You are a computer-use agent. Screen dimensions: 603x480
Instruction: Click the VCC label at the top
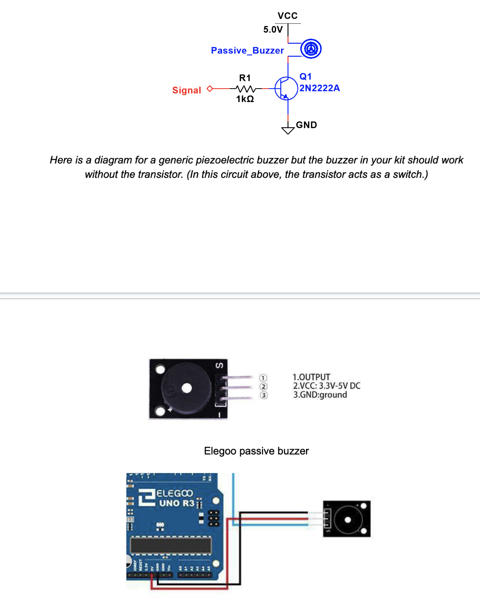coord(288,16)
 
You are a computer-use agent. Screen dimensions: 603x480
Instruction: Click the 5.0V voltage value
coord(273,30)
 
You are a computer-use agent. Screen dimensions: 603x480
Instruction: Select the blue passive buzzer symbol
coord(311,49)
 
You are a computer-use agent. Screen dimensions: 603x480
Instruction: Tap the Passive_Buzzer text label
coord(247,51)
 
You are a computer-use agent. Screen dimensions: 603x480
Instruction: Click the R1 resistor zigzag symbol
coord(246,89)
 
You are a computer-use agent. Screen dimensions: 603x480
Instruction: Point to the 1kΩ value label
coord(245,99)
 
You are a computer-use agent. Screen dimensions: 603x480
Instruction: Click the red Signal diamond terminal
coord(209,89)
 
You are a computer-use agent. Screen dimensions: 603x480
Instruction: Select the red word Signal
coord(186,90)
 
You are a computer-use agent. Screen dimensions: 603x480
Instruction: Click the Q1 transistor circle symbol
coord(286,88)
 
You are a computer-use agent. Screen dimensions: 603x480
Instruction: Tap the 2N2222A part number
coord(319,88)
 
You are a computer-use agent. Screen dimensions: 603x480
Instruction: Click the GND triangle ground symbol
coord(288,130)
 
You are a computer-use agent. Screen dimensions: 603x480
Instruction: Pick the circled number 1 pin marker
coord(263,378)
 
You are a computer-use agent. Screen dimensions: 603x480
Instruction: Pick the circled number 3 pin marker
coord(263,395)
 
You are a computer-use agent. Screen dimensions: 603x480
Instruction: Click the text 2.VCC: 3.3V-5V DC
coord(327,386)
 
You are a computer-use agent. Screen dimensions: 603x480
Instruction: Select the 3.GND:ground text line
coord(320,395)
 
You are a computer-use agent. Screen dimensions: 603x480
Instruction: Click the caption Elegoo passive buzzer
coord(256,451)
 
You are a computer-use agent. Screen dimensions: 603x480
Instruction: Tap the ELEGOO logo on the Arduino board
coord(174,493)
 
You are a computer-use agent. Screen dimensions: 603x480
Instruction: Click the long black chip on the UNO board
coord(171,545)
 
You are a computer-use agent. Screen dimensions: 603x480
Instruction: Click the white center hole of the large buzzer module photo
coord(187,389)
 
